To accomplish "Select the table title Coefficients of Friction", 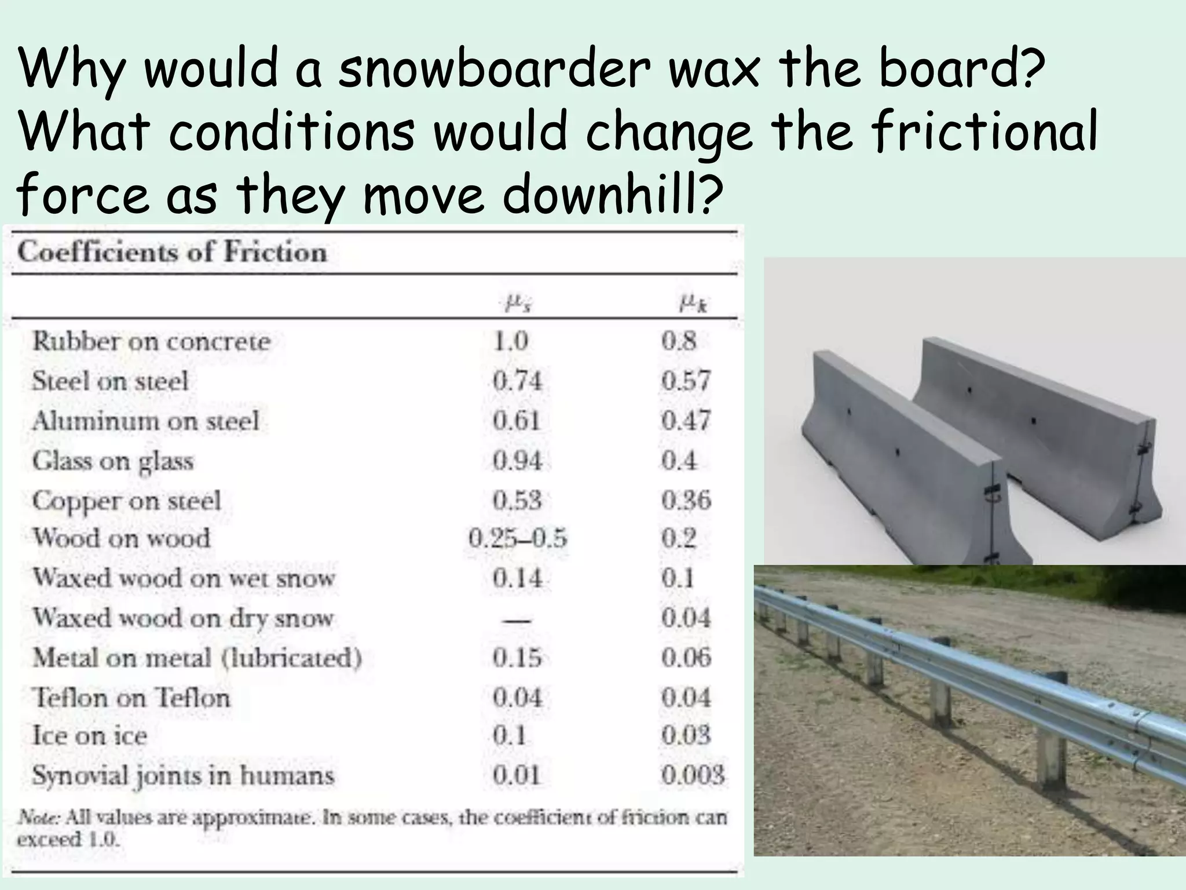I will click(x=172, y=253).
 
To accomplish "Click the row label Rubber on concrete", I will click(x=151, y=341).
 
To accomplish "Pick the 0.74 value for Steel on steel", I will click(x=517, y=381).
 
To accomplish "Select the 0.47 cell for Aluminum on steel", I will click(x=686, y=421).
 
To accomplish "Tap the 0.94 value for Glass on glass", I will click(x=517, y=461).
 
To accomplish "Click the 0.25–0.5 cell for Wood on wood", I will click(x=517, y=539).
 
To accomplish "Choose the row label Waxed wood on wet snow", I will click(x=184, y=578).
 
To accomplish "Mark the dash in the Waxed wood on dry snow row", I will click(x=517, y=620).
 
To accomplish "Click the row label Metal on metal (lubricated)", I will click(x=197, y=658).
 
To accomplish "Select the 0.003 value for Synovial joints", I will click(x=693, y=775).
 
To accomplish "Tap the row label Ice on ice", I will click(x=90, y=736).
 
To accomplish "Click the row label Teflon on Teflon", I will click(x=131, y=698).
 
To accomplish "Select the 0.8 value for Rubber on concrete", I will click(x=679, y=341).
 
